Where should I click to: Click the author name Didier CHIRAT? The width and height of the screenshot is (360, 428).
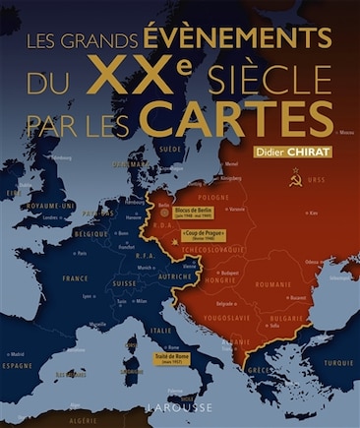click(x=294, y=151)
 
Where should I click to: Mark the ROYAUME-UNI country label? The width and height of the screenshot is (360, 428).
click(x=51, y=206)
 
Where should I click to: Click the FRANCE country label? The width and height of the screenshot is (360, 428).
click(x=76, y=277)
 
